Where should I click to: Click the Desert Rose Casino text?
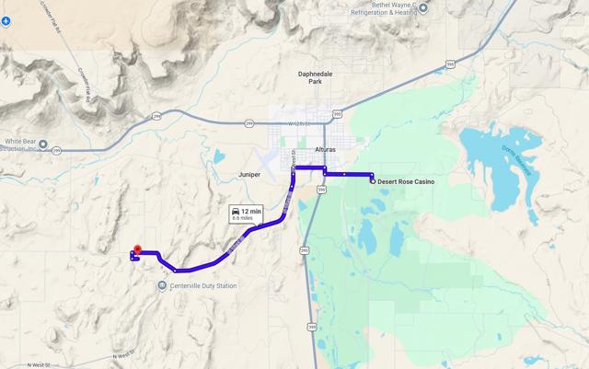[407, 181]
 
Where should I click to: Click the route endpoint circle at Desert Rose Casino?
[373, 181]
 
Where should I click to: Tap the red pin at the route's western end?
[137, 248]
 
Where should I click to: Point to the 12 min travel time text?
[251, 211]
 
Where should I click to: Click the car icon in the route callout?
[236, 212]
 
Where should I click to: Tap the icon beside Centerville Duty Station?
[162, 286]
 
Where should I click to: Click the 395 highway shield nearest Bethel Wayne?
[450, 63]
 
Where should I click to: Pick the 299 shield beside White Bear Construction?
[55, 150]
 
